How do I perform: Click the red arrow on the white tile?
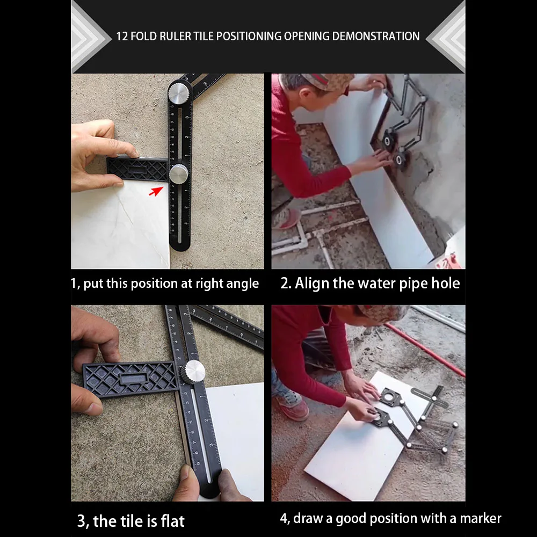pos(156,191)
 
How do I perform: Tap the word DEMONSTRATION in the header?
pos(376,37)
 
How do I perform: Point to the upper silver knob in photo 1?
pos(178,93)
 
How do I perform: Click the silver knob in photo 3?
pos(193,372)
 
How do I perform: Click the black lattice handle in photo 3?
pos(130,379)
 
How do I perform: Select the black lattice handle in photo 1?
pos(137,169)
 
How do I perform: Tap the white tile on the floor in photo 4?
pos(364,442)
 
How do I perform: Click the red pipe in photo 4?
pos(425,350)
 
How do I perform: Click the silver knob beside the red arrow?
pos(178,174)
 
